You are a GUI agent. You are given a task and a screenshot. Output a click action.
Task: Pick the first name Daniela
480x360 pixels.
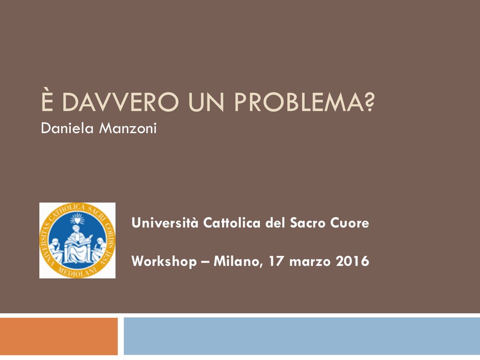point(67,128)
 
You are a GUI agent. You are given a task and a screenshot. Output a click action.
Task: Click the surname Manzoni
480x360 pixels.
point(128,128)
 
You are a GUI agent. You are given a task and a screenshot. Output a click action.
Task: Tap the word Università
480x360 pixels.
point(165,223)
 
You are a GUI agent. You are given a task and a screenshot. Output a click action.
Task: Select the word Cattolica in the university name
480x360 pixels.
point(232,223)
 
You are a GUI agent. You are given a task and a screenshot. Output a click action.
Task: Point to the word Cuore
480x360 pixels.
point(350,223)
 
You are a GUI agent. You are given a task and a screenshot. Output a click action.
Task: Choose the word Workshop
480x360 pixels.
point(164,262)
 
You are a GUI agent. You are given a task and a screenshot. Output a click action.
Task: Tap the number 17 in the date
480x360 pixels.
point(276,261)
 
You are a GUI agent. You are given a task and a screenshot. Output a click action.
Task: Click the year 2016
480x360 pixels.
point(352,261)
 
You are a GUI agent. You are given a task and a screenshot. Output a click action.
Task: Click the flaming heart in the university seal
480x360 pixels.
point(77,219)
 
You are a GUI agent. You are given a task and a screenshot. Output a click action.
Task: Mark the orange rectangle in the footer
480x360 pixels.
point(59,336)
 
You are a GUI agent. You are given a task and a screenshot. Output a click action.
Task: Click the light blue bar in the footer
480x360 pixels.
point(302,336)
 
